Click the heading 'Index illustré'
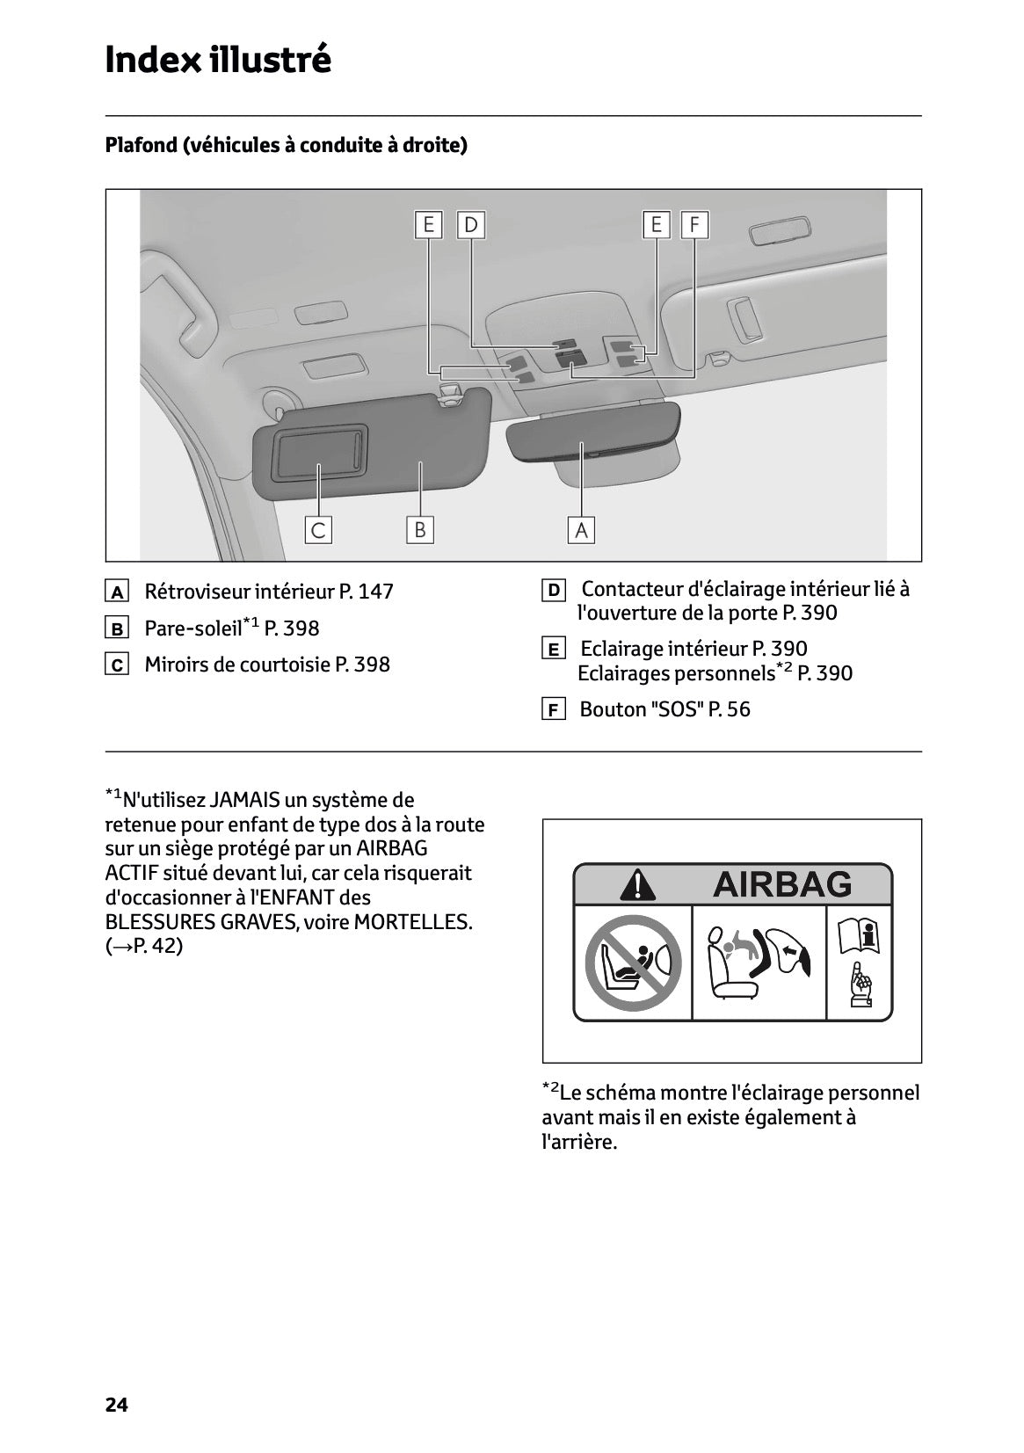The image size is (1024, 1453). click(218, 60)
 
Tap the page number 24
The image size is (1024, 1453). click(116, 1405)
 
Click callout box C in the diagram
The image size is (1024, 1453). click(318, 530)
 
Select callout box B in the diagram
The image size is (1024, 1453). click(420, 529)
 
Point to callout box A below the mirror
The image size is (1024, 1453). click(581, 530)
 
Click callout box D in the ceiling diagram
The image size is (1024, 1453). click(471, 225)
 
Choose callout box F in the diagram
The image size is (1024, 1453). click(694, 225)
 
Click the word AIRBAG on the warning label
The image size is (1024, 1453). click(781, 884)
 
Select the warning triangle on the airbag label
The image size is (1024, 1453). click(637, 884)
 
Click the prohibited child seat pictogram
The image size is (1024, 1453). click(633, 963)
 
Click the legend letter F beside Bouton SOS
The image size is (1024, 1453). click(553, 710)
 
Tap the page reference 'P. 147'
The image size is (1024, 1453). click(366, 592)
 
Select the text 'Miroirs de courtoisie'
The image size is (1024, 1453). click(236, 665)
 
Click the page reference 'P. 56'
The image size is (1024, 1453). click(730, 710)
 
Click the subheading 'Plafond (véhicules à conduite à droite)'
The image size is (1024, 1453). click(286, 145)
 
